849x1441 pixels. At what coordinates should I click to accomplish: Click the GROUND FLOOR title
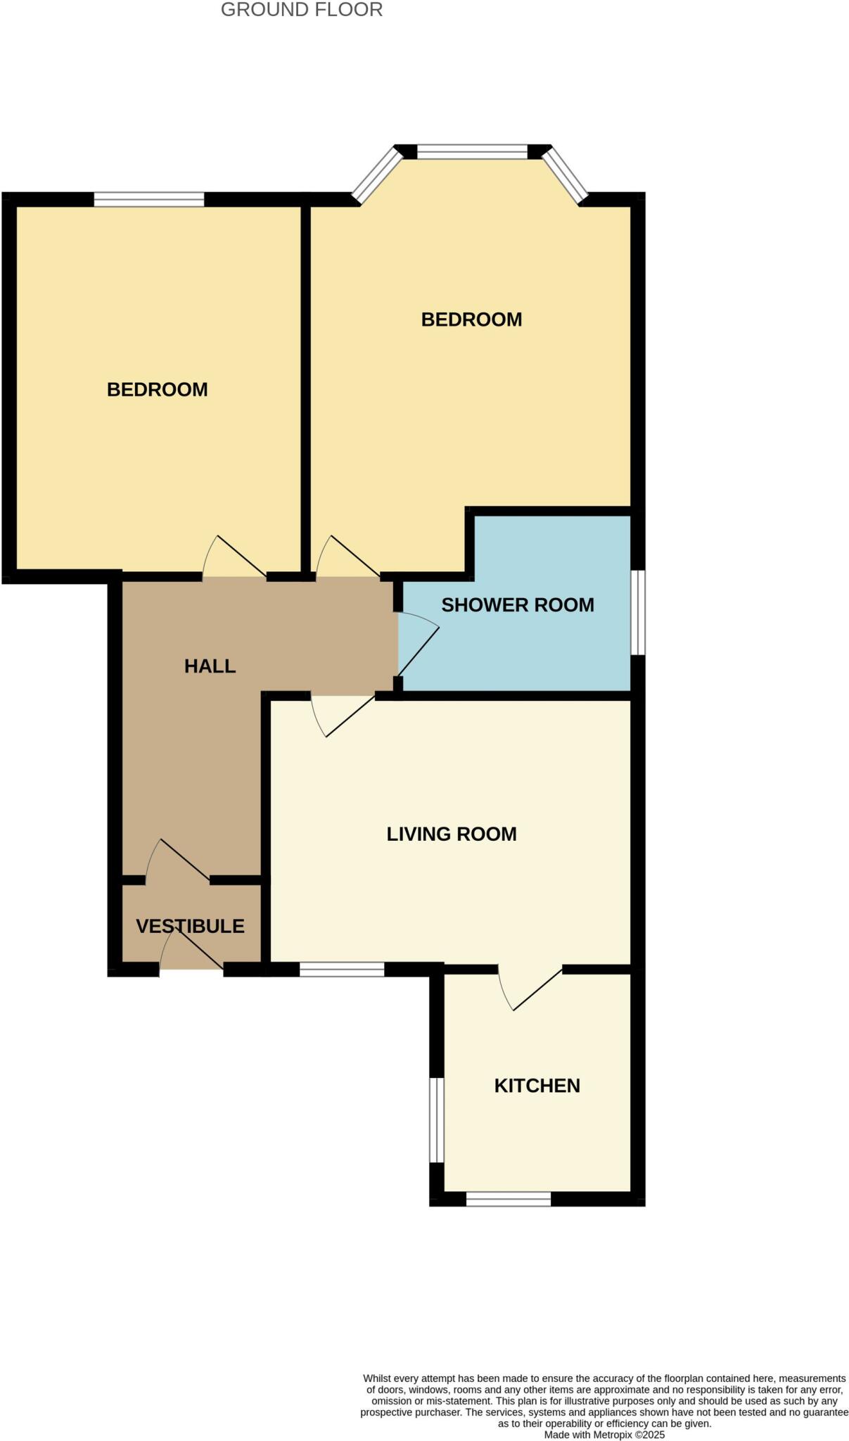point(302,10)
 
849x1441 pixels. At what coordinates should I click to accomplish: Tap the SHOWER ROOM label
point(518,605)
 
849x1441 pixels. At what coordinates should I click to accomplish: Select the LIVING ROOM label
point(452,834)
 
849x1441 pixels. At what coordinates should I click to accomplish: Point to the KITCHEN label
point(537,1086)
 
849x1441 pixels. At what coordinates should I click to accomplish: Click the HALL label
point(210,666)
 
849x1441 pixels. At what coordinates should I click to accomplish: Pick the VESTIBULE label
point(190,926)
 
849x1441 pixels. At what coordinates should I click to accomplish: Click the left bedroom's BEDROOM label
point(157,390)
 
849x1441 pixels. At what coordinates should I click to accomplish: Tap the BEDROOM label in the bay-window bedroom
point(471,319)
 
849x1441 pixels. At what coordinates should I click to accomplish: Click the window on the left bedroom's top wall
point(149,200)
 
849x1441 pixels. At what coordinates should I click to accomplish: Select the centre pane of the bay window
point(472,151)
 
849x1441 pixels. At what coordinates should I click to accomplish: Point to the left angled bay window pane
point(377,174)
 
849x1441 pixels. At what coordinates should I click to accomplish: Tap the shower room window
point(637,612)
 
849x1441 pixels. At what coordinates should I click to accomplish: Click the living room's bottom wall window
point(342,969)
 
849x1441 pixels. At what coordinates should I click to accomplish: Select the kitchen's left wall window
point(437,1119)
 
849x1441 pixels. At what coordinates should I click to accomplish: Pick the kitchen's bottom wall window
point(509,1199)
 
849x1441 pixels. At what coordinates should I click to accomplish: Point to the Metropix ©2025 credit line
point(604,1435)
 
